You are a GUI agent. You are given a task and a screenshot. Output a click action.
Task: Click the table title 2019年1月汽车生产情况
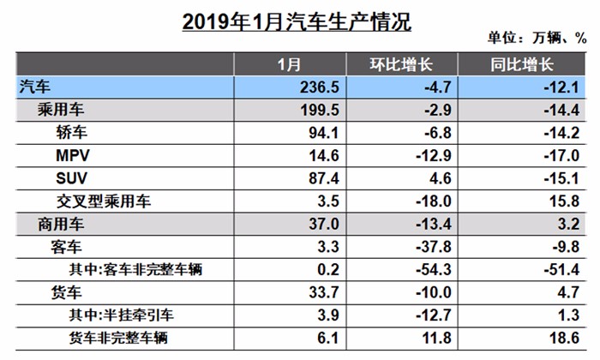tap(297, 21)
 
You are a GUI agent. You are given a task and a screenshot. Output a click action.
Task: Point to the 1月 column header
tap(290, 64)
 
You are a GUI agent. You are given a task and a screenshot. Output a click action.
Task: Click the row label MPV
tap(72, 155)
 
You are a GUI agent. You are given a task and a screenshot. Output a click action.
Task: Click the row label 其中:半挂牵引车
tap(129, 315)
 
